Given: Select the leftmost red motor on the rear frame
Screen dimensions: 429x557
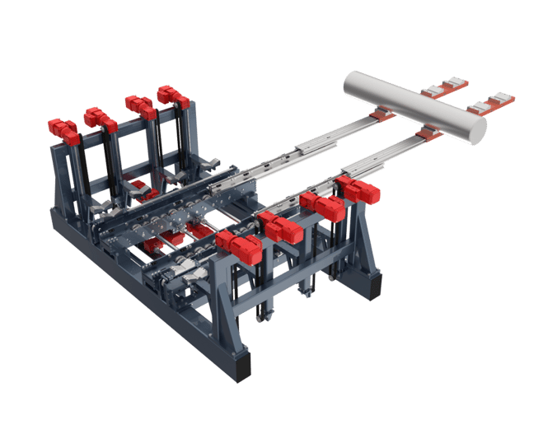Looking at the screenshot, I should point(63,129).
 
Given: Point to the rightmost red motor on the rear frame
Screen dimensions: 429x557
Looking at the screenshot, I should point(173,96).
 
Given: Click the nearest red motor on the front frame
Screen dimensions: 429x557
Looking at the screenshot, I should point(239,245).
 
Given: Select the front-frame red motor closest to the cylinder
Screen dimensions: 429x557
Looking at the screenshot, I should point(359,189).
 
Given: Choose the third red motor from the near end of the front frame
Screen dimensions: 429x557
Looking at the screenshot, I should point(321,206).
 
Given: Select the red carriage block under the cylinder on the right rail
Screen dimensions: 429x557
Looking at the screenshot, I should point(426,132).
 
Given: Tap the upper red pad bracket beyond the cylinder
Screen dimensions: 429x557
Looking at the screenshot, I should point(444,86).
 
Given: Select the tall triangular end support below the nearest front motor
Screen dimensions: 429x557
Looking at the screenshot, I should point(219,305).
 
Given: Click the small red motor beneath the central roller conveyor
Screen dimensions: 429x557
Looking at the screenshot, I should point(153,245).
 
